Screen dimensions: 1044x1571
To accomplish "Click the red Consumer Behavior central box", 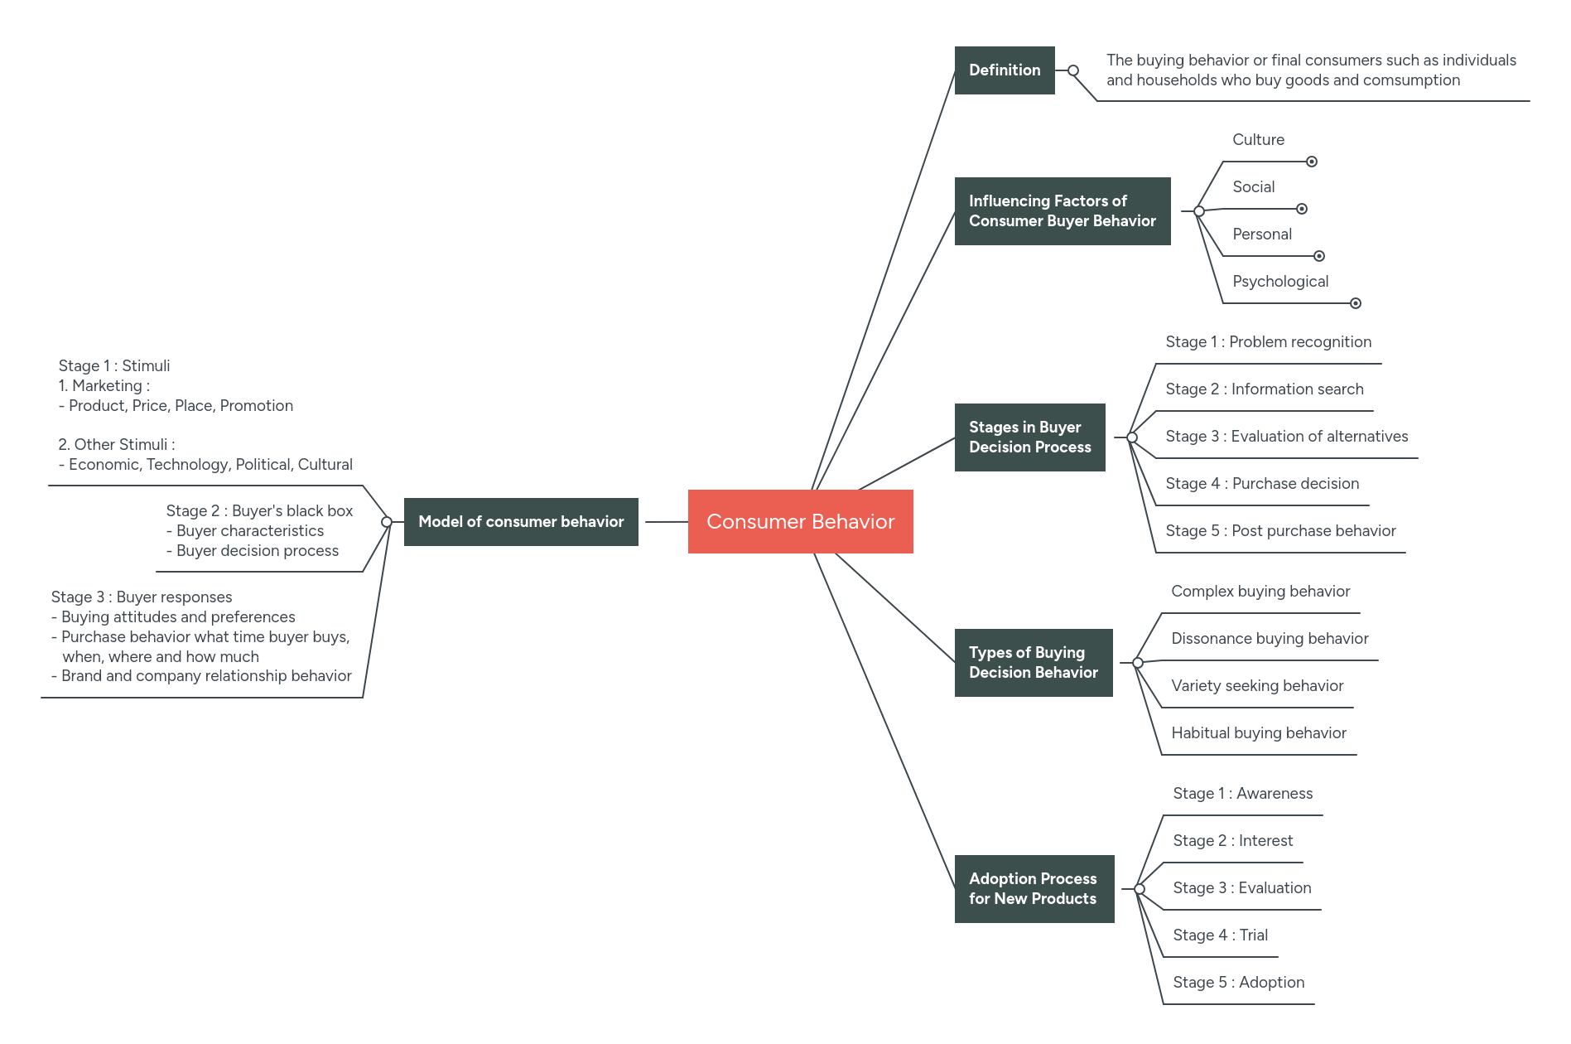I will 800,521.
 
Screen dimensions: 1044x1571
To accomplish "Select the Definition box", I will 1004,70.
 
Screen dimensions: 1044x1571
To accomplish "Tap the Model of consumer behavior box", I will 521,521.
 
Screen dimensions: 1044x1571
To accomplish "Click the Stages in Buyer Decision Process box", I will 1029,437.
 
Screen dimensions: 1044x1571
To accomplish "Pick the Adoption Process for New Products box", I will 1034,888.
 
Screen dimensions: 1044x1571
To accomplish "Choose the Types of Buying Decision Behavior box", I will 1033,662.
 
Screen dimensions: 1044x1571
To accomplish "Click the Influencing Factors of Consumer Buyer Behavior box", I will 1062,210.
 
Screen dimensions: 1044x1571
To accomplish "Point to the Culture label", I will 1258,139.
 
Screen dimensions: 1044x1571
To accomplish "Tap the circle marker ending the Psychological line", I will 1356,303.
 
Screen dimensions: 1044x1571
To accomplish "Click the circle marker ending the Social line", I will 1302,209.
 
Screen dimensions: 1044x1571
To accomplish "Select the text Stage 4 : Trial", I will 1220,935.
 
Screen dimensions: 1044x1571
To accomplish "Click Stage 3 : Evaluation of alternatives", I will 1286,436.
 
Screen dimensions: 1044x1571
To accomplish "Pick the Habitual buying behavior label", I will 1258,732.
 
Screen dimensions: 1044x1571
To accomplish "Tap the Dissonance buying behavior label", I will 1269,638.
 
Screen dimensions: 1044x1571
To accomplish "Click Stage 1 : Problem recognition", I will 1268,341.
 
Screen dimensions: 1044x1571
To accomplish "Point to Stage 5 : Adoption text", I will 1238,982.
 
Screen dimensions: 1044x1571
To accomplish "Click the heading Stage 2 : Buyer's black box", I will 259,510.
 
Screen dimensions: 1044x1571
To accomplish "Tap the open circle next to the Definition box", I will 1073,70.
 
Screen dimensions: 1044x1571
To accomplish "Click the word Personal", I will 1261,234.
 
